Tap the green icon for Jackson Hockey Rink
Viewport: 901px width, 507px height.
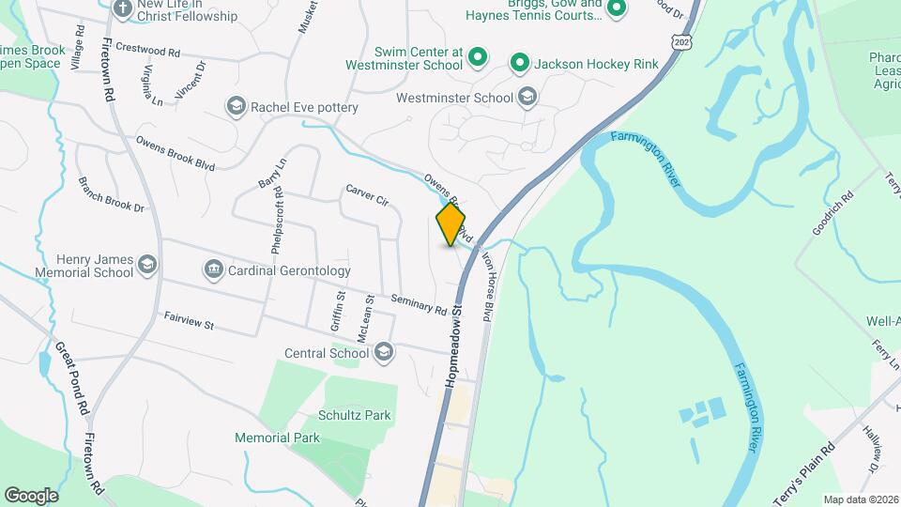click(x=519, y=64)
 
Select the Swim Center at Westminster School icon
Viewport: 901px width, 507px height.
click(x=477, y=58)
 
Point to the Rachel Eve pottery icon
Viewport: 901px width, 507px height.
click(x=236, y=107)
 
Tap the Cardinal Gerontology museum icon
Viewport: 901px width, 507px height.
click(x=213, y=270)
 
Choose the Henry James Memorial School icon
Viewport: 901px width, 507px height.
click(x=147, y=266)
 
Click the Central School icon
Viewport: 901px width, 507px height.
click(x=383, y=353)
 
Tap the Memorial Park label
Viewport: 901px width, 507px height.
click(x=277, y=438)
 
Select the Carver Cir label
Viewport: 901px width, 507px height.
click(x=366, y=194)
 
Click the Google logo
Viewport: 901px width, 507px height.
click(x=31, y=495)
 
